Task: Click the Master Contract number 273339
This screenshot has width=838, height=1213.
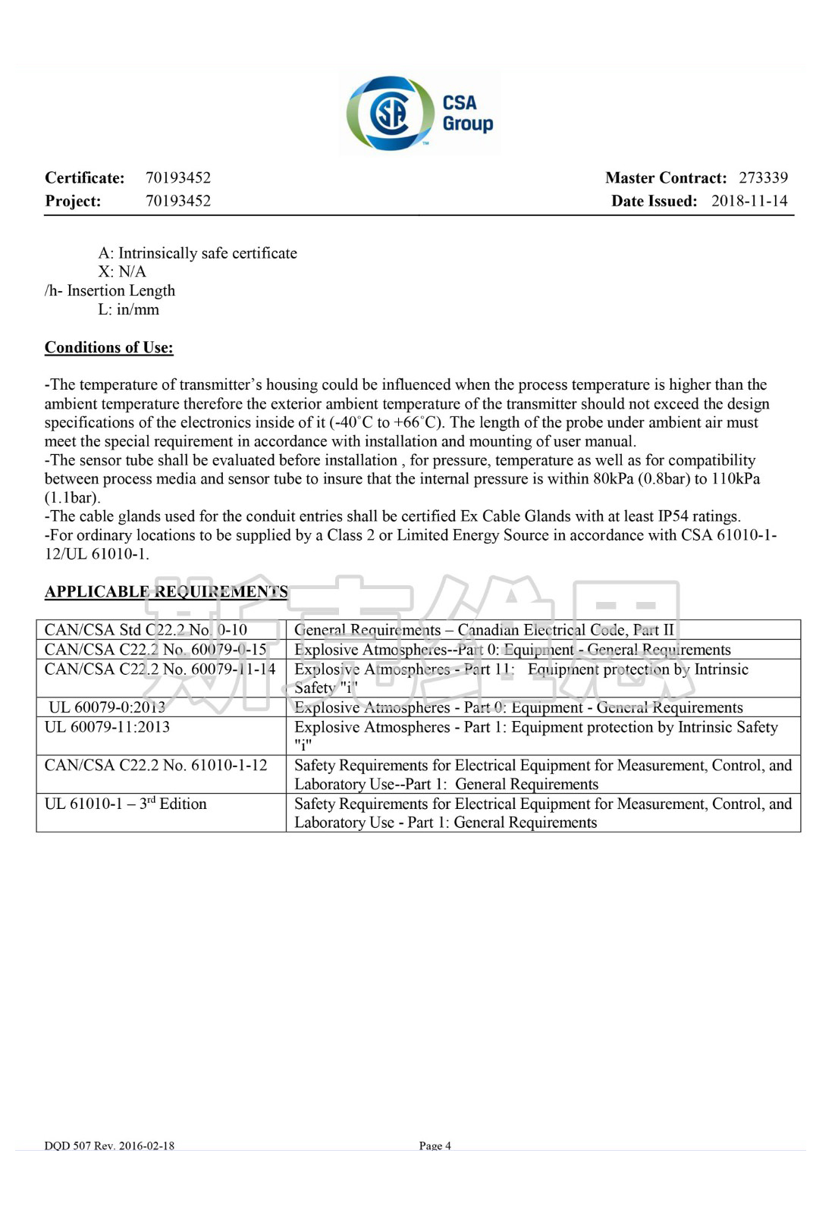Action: tap(763, 178)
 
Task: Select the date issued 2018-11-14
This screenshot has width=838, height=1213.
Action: tap(749, 201)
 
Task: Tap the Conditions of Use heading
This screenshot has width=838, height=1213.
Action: tap(108, 348)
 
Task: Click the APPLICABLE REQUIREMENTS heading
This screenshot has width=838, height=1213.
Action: tap(165, 592)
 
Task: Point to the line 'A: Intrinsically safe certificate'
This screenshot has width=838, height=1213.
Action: tap(197, 253)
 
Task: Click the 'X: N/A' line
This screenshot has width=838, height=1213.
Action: tap(121, 272)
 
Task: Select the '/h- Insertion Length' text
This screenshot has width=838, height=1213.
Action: tap(109, 291)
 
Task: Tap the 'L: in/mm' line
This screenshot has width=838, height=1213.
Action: tap(128, 310)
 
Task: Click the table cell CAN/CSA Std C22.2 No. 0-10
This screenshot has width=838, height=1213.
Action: tap(146, 630)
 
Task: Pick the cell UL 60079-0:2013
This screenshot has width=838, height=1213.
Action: tap(107, 707)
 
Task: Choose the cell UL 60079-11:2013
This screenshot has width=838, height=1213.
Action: tap(107, 727)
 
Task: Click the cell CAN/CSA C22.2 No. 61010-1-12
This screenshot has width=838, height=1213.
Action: tap(155, 765)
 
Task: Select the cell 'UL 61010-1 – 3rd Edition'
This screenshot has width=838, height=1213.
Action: tap(125, 804)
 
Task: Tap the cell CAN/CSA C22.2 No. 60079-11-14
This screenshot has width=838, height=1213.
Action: tap(159, 669)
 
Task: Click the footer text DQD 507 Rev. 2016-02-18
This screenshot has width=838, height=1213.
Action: tap(109, 1146)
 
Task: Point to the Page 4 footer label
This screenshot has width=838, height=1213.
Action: tap(435, 1146)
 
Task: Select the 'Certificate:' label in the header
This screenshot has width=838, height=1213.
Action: tap(84, 178)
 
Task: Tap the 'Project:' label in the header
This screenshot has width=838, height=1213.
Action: tap(73, 201)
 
